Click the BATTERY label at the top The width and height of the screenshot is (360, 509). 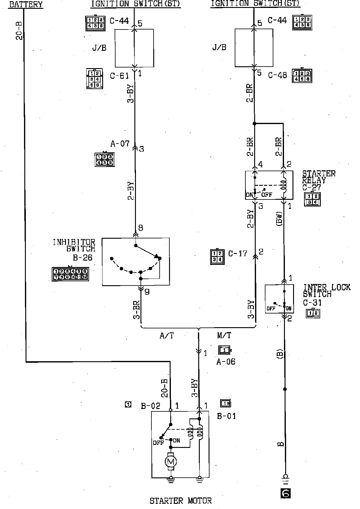(x=26, y=4)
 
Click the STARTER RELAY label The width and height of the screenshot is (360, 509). (x=319, y=177)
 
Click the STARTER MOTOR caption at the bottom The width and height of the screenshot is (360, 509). (x=180, y=500)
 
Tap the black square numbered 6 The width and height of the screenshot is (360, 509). (x=285, y=493)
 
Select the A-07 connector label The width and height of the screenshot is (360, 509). (x=120, y=144)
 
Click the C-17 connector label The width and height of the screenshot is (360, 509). (x=238, y=253)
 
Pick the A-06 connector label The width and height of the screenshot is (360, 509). (x=226, y=362)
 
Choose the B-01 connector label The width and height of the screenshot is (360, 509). (x=226, y=416)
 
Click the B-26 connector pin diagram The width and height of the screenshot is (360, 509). (x=70, y=274)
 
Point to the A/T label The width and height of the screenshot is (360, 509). (x=167, y=335)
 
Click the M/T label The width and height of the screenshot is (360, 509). (x=224, y=335)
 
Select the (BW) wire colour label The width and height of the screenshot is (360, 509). (x=280, y=218)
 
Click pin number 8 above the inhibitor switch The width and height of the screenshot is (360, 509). (x=140, y=228)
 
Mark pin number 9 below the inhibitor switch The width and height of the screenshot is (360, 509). (x=147, y=292)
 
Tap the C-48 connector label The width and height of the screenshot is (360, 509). (x=277, y=75)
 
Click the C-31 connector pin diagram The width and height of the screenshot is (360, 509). (x=313, y=313)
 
